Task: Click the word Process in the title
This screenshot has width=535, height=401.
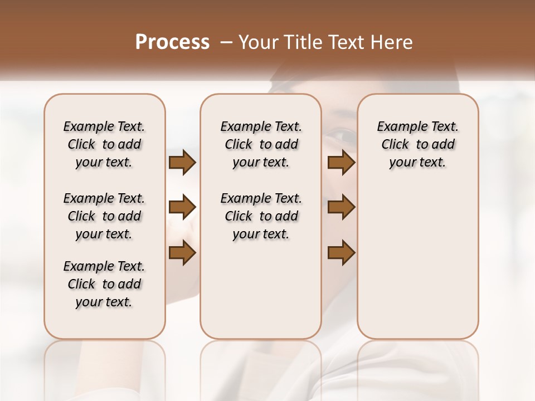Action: [x=172, y=42]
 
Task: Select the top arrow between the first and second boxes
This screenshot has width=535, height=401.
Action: [x=182, y=163]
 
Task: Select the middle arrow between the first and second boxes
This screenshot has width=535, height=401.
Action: [x=182, y=208]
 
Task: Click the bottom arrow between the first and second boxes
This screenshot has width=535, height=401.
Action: [x=182, y=253]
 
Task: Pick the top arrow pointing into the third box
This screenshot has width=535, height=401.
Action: [x=341, y=163]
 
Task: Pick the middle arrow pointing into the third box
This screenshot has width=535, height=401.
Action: [x=341, y=208]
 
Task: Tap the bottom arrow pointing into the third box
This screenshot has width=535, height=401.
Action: [x=341, y=253]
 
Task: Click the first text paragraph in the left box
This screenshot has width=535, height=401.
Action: [x=104, y=144]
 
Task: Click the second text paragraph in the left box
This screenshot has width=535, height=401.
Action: [x=104, y=216]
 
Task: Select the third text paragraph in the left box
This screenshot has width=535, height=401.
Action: [x=104, y=284]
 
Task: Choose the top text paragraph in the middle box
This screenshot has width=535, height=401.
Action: [x=261, y=144]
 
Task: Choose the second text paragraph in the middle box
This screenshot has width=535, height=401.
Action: [x=261, y=216]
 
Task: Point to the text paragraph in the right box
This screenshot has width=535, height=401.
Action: [x=417, y=144]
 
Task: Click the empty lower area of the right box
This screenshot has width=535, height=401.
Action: [x=417, y=267]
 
